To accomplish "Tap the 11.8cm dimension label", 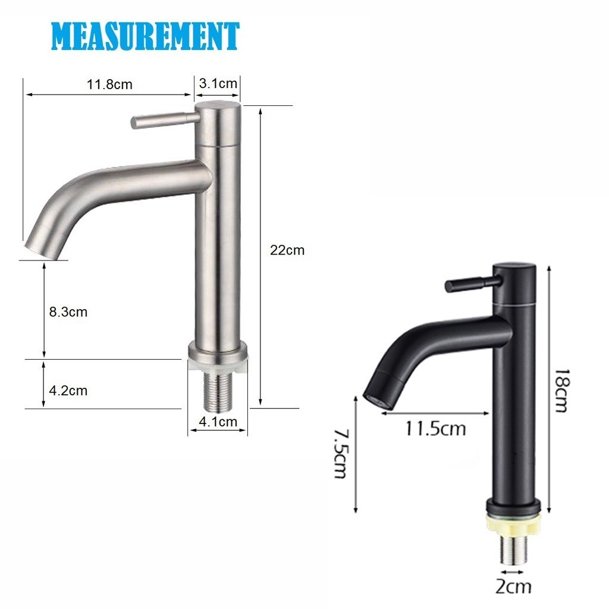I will [110, 84].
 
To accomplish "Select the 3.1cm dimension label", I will [218, 83].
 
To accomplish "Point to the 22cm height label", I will [287, 250].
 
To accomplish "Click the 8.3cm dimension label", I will [68, 312].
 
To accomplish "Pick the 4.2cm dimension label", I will [68, 391].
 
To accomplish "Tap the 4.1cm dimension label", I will [218, 422].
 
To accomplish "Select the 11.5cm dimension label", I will [435, 428].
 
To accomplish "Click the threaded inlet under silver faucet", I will [217, 393].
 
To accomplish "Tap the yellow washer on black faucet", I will [514, 523].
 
